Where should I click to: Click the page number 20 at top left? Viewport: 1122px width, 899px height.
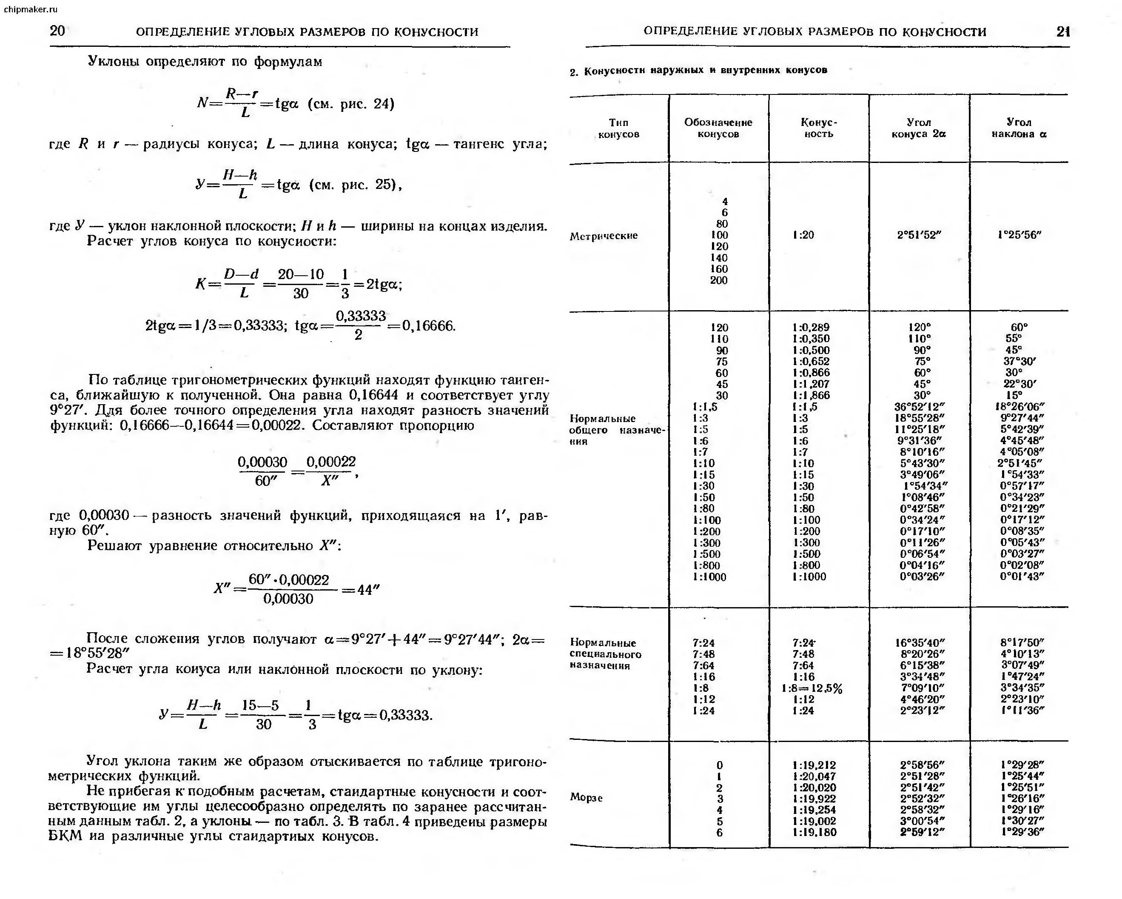coord(57,31)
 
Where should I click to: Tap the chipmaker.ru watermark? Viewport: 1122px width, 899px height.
coord(30,9)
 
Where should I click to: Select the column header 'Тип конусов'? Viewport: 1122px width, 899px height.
coord(618,128)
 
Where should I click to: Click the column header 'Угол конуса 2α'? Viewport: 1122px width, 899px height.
coord(919,128)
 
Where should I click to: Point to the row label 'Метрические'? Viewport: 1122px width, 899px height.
coord(603,236)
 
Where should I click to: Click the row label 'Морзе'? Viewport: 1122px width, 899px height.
coord(586,797)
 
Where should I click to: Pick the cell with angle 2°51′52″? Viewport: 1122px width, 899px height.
coord(919,235)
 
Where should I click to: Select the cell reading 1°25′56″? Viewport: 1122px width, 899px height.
coord(1019,235)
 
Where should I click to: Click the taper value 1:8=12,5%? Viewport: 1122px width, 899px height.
coord(812,688)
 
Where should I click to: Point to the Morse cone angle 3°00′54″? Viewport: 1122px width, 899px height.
coord(922,821)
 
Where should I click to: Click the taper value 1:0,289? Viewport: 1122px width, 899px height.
coord(811,328)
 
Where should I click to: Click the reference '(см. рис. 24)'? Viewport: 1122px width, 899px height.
coord(351,103)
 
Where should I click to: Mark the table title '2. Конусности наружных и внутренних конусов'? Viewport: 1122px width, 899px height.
coord(698,70)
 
